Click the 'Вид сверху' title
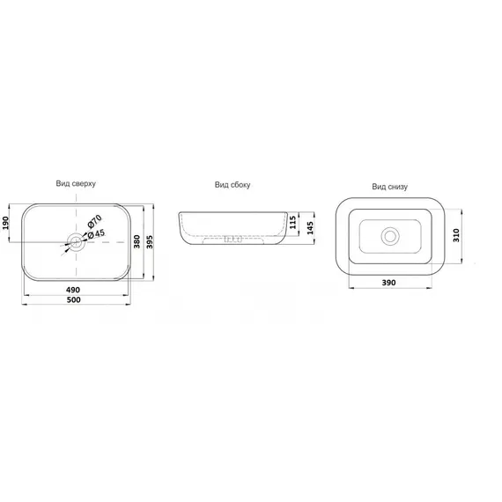(76, 184)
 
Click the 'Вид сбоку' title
(233, 185)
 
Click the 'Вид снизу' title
(389, 187)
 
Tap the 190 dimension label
(5, 223)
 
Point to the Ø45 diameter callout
(96, 233)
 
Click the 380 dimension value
(137, 241)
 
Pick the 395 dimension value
(150, 242)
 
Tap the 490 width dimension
(73, 290)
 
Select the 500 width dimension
(73, 299)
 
